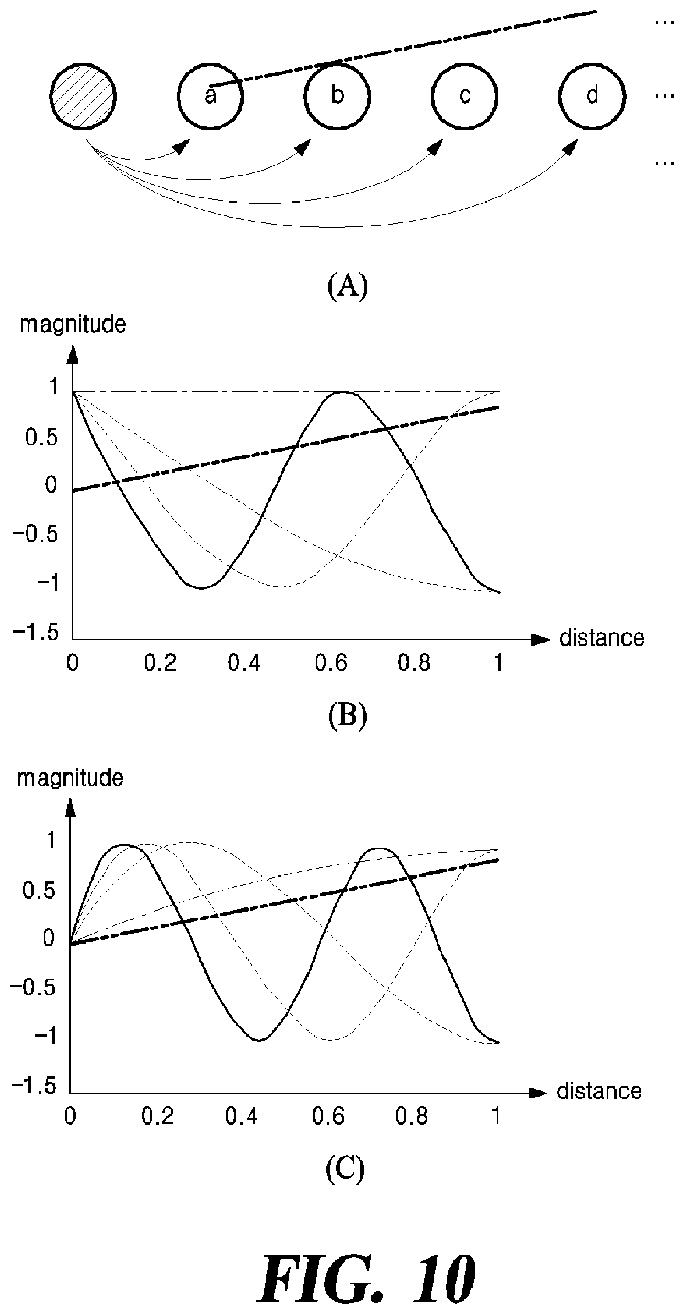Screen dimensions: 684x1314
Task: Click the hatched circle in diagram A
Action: pyautogui.click(x=83, y=96)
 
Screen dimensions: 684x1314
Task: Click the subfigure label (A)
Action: pyautogui.click(x=348, y=286)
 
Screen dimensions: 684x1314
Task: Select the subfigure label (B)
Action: pyautogui.click(x=348, y=716)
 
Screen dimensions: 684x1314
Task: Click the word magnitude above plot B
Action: pyautogui.click(x=73, y=325)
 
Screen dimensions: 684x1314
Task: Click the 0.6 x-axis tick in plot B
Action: pyautogui.click(x=330, y=663)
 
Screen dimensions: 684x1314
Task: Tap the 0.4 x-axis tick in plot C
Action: pyautogui.click(x=242, y=1117)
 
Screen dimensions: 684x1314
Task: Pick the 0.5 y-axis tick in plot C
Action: pyautogui.click(x=38, y=890)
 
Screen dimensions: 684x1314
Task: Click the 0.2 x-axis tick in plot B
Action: pyautogui.click(x=160, y=663)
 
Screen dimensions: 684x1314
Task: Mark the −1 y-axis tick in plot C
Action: pyautogui.click(x=45, y=1036)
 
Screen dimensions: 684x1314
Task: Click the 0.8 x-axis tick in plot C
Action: pyautogui.click(x=412, y=1117)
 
